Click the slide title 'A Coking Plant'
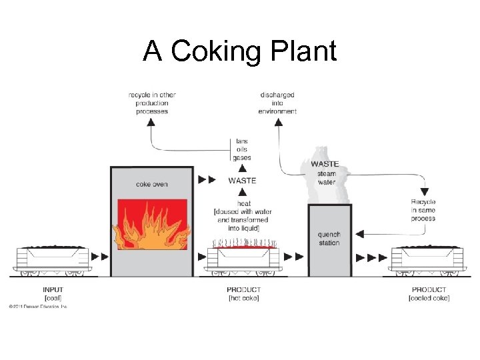click(240, 51)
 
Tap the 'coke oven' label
click(151, 184)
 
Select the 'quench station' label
click(329, 239)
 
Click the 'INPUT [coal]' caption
click(53, 294)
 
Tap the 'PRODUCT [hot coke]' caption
click(244, 294)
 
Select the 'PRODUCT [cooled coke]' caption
click(429, 294)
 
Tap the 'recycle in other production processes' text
click(152, 103)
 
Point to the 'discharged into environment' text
click(277, 103)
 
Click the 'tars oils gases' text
click(242, 149)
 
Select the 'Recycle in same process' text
click(423, 210)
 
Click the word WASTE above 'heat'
click(241, 181)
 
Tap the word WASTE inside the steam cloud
click(325, 164)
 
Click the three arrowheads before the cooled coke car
click(372, 257)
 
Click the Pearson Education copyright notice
click(38, 307)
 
